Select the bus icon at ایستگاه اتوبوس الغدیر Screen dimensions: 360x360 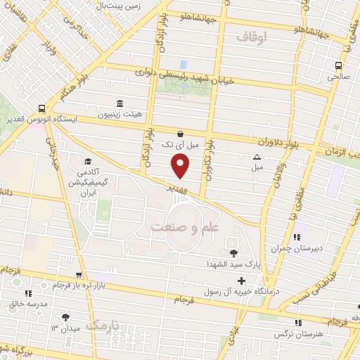43,108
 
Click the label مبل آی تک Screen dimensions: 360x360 176,144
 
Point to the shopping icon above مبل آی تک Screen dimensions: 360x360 181,133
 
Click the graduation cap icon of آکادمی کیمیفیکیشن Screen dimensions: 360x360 87,161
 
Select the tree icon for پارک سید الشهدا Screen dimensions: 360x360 233,252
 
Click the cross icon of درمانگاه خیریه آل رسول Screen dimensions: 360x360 242,281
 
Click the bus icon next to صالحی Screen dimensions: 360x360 338,67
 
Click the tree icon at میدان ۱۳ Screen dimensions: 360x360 66,317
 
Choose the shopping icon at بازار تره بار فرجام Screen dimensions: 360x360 79,275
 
